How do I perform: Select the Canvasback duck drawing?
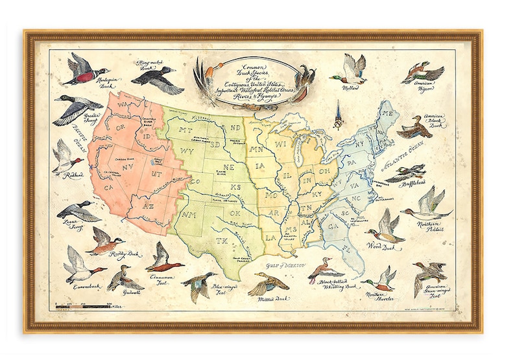80,264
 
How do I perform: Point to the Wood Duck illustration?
383,226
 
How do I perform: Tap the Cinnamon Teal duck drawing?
163,259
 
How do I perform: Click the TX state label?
221,241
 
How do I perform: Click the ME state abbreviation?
389,114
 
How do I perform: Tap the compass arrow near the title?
337,115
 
